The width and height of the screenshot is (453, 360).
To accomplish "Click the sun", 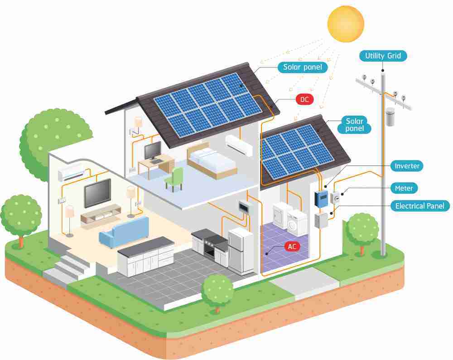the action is [346, 24].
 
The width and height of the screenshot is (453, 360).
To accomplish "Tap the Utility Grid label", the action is [383, 56].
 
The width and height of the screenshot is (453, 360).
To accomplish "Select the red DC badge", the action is [304, 99].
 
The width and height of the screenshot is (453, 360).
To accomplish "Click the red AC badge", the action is [292, 246].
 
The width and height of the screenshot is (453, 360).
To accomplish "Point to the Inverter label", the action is [407, 166].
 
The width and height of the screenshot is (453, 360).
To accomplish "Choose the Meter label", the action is [404, 188].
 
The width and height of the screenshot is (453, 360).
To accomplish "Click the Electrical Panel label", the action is [420, 206].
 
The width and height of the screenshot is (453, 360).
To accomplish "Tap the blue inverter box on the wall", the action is [321, 199].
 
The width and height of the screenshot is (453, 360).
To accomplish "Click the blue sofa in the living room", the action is [124, 232].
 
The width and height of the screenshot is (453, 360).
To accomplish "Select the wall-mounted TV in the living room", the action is [98, 193].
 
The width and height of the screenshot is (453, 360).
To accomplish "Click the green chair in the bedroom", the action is [174, 180].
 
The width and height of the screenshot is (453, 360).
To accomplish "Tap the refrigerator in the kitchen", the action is [241, 251].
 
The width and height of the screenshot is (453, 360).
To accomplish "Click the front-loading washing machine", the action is [297, 223].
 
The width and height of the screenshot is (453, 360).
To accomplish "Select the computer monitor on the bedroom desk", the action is [153, 151].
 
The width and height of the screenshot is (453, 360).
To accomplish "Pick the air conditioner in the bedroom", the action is [239, 145].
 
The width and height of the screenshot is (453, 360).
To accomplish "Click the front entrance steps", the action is [67, 268].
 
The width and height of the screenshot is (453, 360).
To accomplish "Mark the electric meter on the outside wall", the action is [335, 198].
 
